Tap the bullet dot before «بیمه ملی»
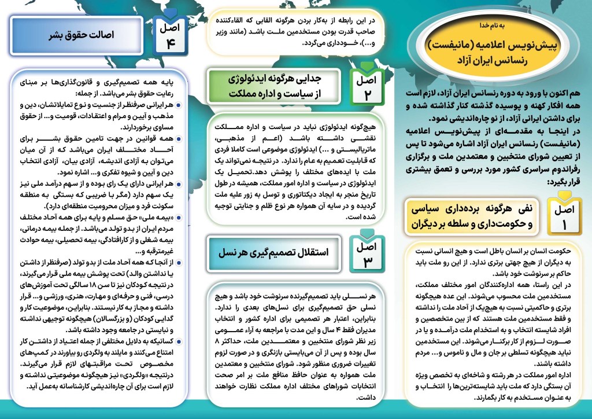click(179, 219)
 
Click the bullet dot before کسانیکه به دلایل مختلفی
click(179, 343)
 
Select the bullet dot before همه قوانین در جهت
click(179, 140)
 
